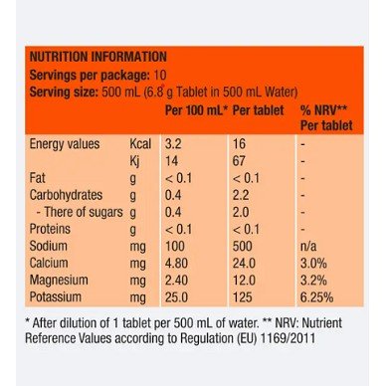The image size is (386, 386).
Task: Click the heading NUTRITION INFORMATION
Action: pos(98,57)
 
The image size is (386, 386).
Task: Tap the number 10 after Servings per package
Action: pos(159,75)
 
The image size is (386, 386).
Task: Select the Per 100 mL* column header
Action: pos(196,110)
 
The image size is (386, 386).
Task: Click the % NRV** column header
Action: pos(323,110)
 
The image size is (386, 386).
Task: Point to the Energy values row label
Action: pos(65,144)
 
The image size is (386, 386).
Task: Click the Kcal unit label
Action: pos(140,144)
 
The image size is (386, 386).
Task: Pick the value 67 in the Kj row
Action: pos(239,161)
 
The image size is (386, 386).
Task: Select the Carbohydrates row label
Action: pos(66,195)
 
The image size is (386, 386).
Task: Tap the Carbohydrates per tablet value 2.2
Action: pos(241,195)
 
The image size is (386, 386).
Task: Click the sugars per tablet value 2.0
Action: pos(241,212)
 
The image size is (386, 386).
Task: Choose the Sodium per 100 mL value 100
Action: pos(175,246)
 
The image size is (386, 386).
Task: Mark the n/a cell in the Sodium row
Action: pos(308,246)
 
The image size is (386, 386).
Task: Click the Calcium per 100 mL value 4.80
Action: pos(176,263)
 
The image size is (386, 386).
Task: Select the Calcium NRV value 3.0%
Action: pos(313,263)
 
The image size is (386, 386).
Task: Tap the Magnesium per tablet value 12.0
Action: pos(244,281)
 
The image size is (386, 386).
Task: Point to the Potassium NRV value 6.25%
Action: pos(316,297)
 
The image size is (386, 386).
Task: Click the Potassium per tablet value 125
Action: pos(243,297)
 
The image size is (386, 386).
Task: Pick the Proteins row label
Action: pos(50,229)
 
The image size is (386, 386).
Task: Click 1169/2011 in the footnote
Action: pos(289,338)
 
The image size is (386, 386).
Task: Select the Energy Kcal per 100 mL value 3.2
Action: pos(173,144)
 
